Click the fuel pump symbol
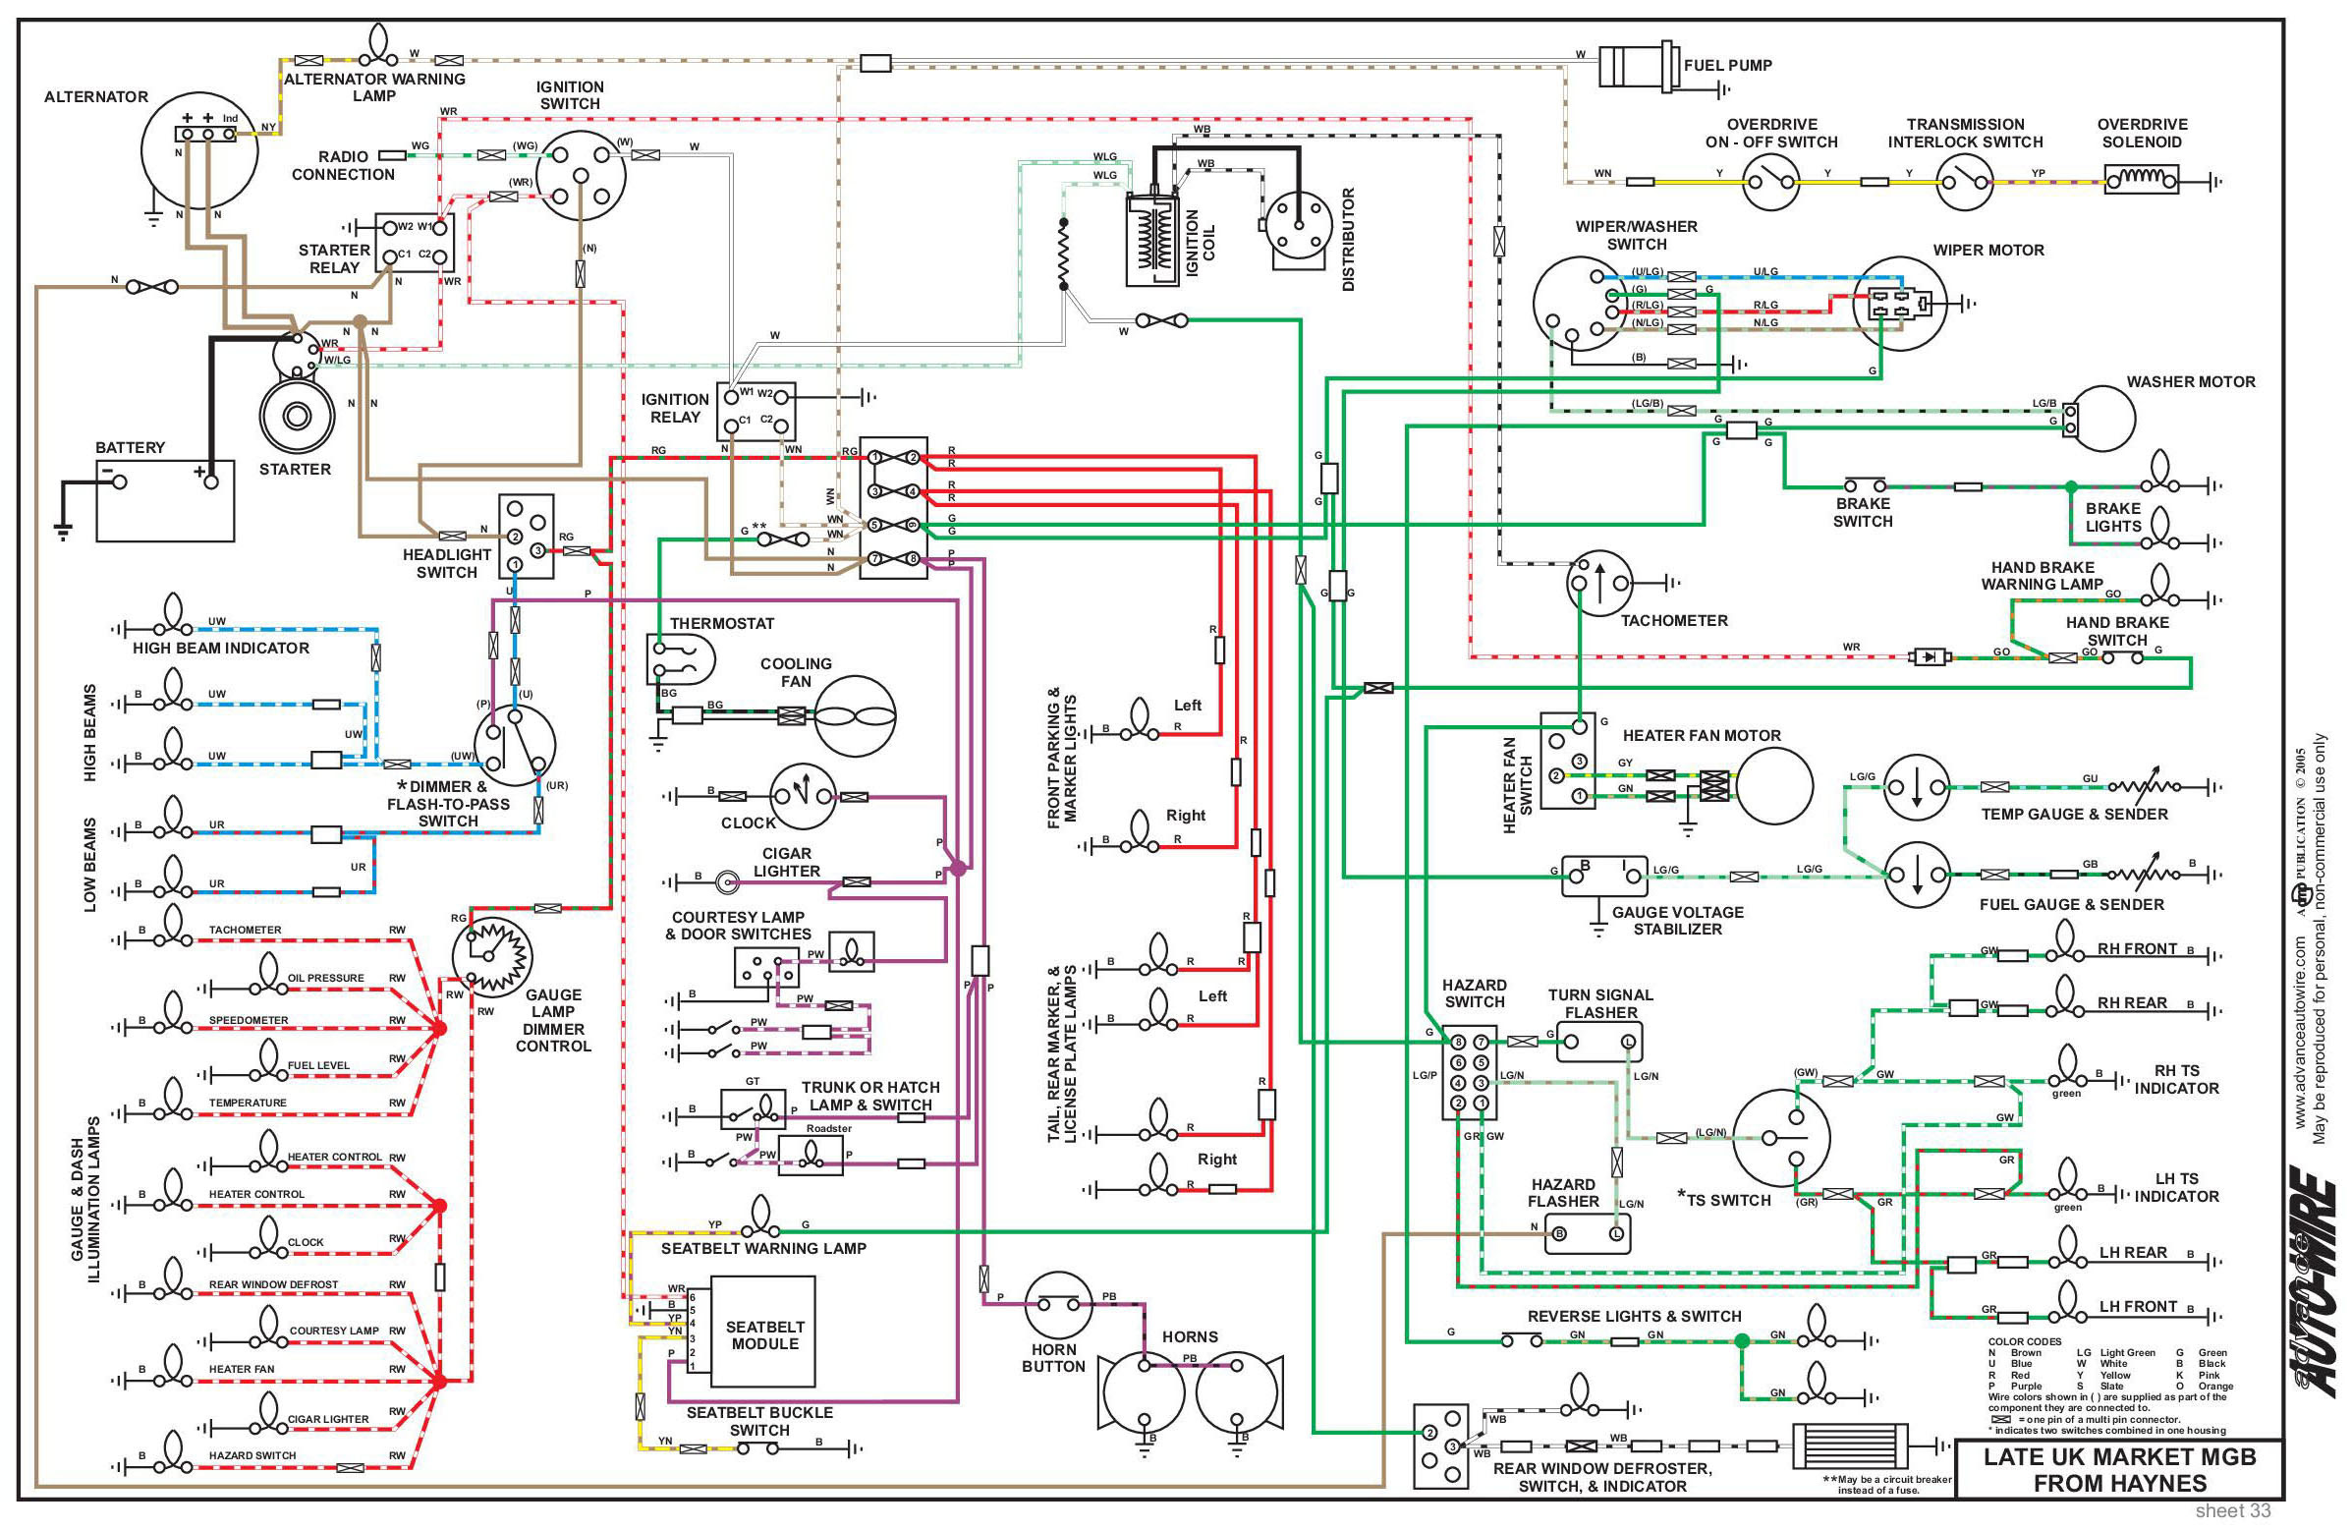(1635, 66)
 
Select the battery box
(165, 501)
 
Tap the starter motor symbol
(297, 416)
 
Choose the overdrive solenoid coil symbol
(2141, 181)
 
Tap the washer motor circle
(2102, 419)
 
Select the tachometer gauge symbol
(1599, 583)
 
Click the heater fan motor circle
(1774, 786)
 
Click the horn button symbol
(1058, 1305)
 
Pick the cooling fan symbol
(854, 714)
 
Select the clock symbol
(802, 796)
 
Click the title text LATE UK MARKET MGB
(2119, 1457)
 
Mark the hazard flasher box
(1588, 1233)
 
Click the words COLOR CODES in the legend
(2024, 1341)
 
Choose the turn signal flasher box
(1599, 1041)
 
